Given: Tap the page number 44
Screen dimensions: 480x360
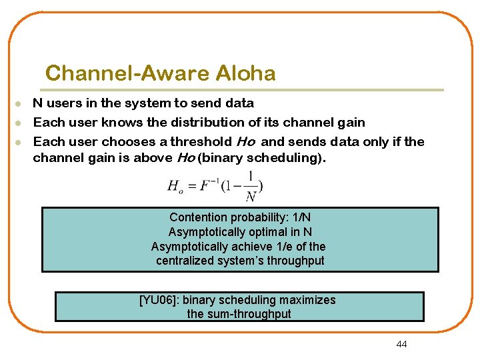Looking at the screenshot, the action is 401,344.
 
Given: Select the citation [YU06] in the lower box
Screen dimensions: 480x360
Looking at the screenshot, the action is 159,300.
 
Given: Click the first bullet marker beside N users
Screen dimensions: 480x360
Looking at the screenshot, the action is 21,104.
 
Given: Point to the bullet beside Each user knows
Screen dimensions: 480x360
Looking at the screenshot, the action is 21,123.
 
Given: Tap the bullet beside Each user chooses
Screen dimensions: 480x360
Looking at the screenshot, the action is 21,142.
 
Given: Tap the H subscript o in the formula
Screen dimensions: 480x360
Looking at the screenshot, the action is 175,187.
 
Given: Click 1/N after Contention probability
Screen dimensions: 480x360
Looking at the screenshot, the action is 302,217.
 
